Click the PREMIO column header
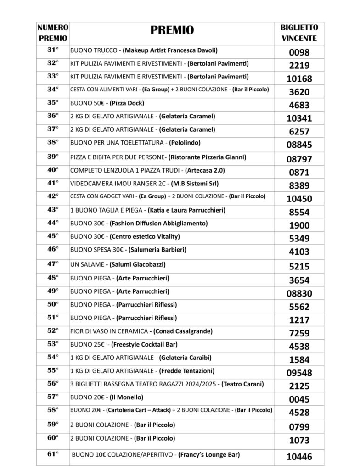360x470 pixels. (172, 31)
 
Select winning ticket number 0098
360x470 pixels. (299, 52)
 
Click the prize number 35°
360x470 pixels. (53, 102)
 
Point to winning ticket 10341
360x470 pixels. (299, 118)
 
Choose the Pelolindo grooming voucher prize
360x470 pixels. (135, 143)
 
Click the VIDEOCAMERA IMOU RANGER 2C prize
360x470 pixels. (144, 184)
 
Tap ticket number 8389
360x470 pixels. (299, 185)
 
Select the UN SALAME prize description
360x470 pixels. (118, 264)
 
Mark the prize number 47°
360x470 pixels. (53, 264)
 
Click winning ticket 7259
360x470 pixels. (299, 333)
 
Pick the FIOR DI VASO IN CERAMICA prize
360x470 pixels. (138, 330)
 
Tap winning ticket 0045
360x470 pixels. (299, 399)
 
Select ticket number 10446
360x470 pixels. (299, 457)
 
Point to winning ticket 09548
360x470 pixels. (299, 373)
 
